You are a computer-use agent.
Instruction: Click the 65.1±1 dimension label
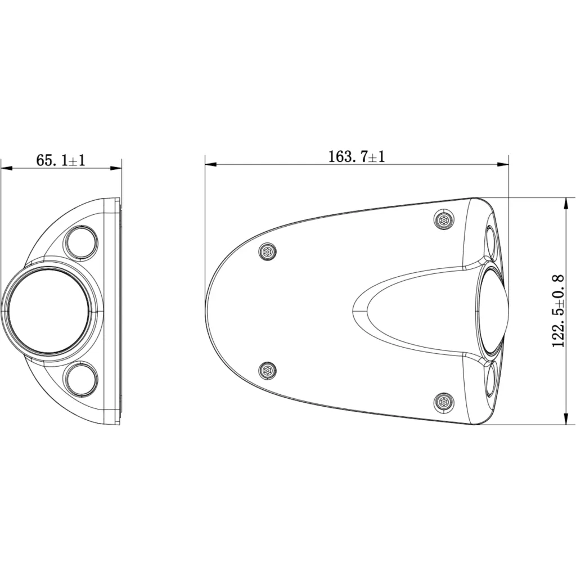pos(61,160)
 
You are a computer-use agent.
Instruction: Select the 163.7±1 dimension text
pos(356,157)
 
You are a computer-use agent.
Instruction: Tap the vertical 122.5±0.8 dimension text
pos(558,310)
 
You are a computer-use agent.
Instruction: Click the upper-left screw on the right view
pos(267,251)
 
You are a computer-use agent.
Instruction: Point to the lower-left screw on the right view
pos(267,371)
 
